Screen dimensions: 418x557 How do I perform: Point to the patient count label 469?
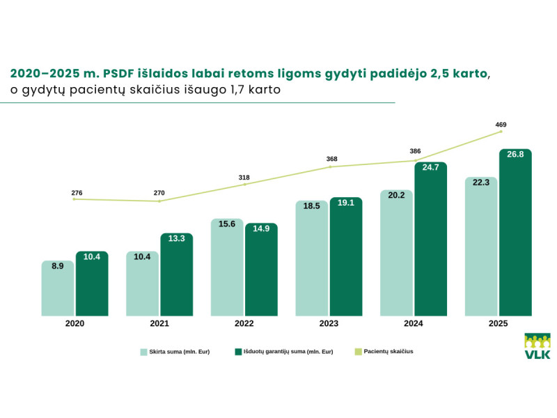click(x=501, y=125)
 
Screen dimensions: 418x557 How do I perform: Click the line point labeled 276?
click(x=74, y=199)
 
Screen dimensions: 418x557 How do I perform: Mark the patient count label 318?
click(x=244, y=178)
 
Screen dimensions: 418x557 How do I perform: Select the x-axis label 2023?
click(x=329, y=324)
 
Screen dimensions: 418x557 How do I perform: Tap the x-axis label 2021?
click(x=159, y=324)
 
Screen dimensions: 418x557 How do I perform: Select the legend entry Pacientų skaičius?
click(x=383, y=352)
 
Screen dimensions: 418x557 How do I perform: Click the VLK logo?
click(x=537, y=346)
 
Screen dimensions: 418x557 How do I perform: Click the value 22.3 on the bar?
click(x=481, y=183)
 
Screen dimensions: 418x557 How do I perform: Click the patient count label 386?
click(x=415, y=151)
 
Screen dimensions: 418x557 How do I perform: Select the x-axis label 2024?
click(x=414, y=324)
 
